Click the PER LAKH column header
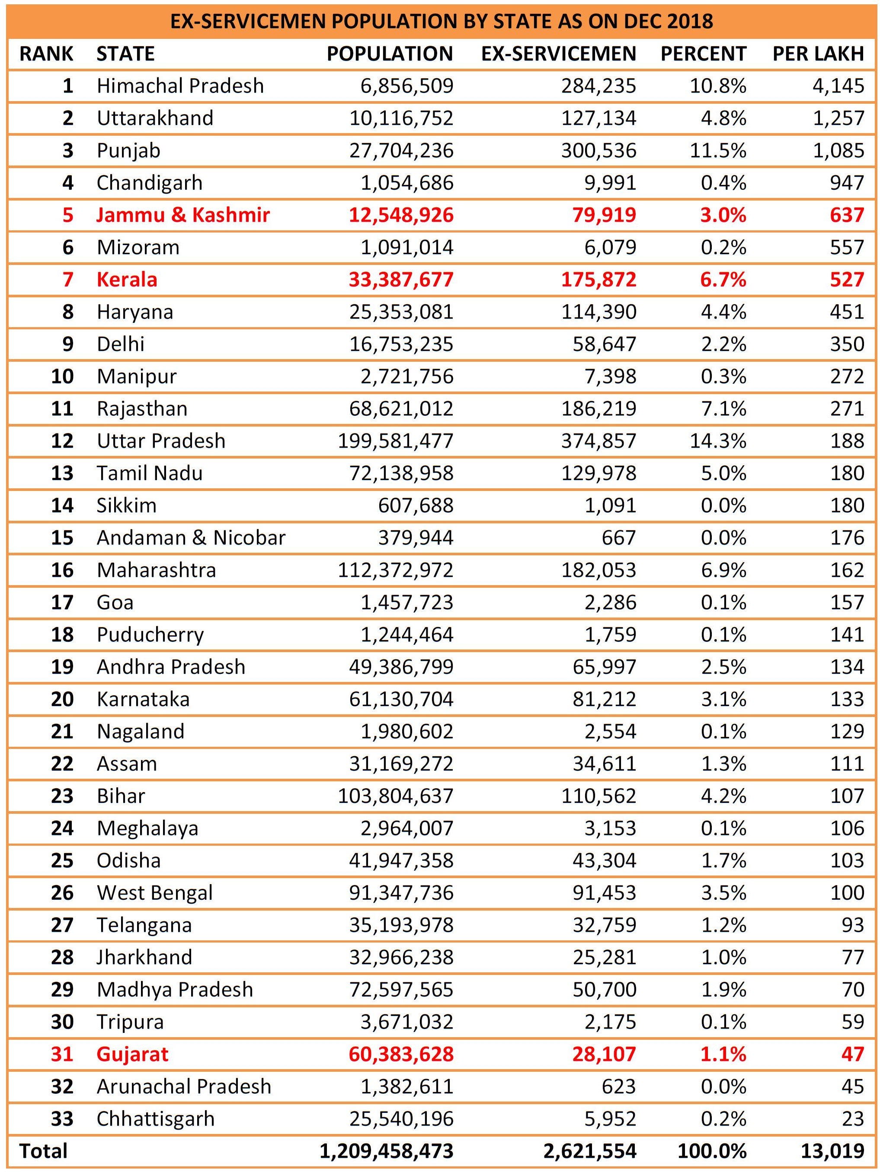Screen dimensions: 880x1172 pos(818,54)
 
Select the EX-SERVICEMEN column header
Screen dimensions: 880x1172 pos(558,54)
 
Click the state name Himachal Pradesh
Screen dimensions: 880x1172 pos(180,86)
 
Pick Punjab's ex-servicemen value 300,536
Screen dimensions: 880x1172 pos(598,150)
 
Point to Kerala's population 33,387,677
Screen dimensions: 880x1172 pos(401,280)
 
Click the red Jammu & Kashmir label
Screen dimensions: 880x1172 pos(183,215)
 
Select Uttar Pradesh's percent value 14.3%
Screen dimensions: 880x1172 pos(718,441)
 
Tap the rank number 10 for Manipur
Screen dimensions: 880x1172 pos(62,376)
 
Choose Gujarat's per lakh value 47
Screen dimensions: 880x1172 pos(852,1054)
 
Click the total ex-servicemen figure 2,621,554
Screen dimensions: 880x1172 pos(590,1151)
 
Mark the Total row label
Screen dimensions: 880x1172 pos(44,1151)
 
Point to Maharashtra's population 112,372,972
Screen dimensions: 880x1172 pos(396,570)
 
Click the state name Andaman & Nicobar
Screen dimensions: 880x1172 pos(191,538)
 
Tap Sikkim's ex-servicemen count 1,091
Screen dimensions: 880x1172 pos(610,506)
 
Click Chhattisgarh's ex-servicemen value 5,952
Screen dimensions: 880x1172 pos(610,1119)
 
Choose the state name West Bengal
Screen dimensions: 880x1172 pos(154,893)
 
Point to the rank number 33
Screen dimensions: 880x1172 pos(62,1119)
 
